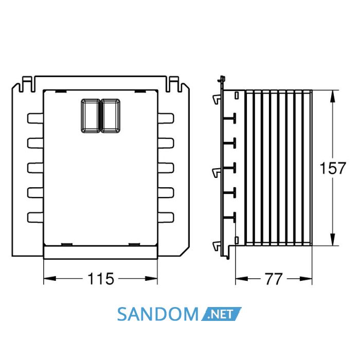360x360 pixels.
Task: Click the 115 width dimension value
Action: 101,279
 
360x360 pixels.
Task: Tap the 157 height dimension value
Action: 333,168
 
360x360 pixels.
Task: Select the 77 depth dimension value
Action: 274,279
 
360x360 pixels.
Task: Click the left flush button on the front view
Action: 91,116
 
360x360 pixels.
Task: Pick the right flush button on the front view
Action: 111,116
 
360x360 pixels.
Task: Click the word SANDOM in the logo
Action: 158,314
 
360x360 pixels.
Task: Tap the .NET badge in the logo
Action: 221,314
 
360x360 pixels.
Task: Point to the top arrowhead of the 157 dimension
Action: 333,96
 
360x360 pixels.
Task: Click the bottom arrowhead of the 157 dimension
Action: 333,240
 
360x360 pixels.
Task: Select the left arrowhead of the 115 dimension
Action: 50,279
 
